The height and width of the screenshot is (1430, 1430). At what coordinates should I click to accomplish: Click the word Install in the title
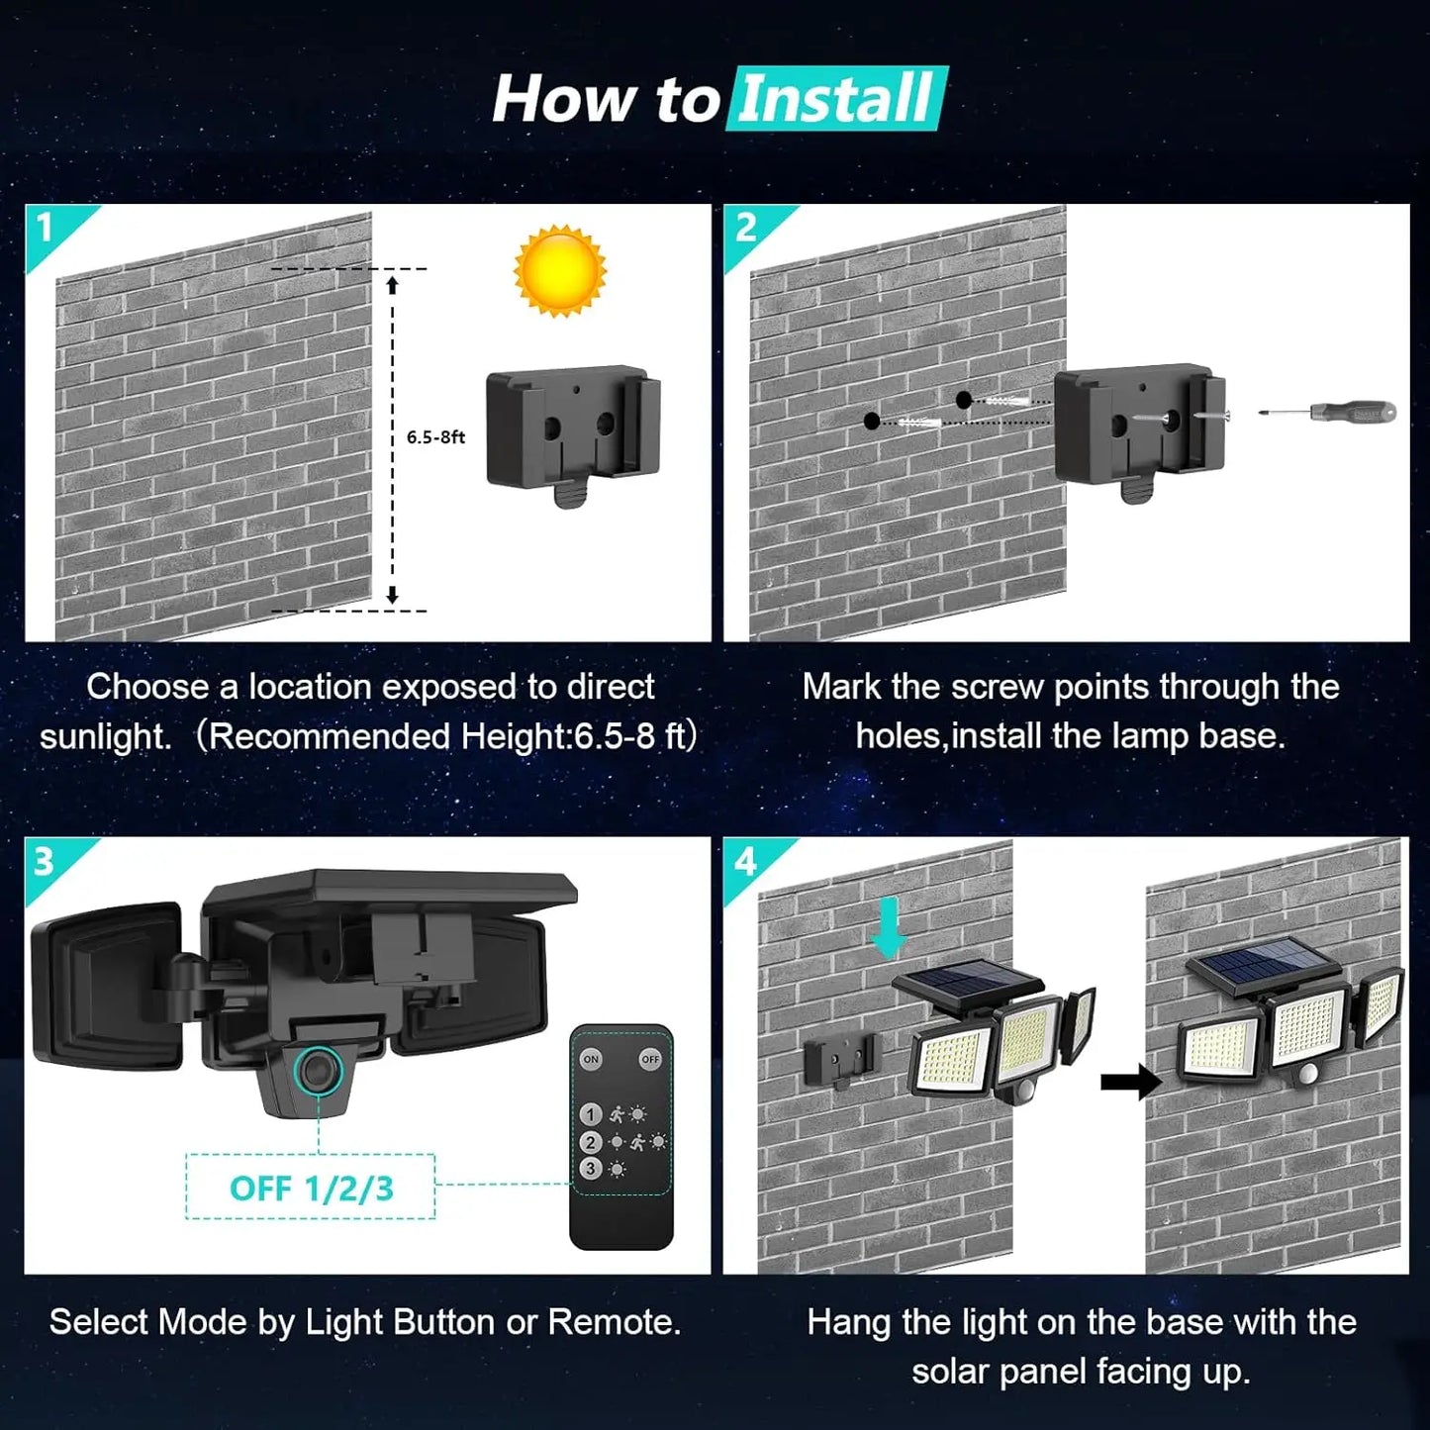(x=836, y=99)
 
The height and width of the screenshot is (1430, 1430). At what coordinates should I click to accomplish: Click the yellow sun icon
(x=559, y=270)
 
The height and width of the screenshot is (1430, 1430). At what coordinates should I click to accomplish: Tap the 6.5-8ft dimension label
(x=435, y=437)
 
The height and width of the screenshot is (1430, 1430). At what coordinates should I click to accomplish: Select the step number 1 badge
(x=46, y=229)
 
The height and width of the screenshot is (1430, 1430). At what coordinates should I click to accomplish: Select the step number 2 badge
(x=745, y=229)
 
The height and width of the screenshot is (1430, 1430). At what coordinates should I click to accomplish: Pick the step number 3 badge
(x=44, y=862)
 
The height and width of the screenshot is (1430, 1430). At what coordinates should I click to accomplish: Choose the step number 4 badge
(x=744, y=862)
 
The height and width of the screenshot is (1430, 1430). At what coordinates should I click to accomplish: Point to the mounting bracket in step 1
(x=572, y=430)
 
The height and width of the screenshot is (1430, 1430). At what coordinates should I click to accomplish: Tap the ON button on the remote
(x=591, y=1059)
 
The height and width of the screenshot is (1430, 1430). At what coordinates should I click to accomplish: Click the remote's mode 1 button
(x=591, y=1114)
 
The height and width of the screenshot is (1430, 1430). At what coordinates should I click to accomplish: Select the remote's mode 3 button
(x=591, y=1169)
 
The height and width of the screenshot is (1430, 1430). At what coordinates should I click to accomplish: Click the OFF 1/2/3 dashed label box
(x=311, y=1188)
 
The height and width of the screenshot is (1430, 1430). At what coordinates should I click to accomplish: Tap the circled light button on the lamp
(x=318, y=1071)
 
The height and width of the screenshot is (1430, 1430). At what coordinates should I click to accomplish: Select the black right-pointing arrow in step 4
(x=1130, y=1082)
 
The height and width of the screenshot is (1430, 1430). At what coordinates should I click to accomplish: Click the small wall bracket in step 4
(x=840, y=1060)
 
